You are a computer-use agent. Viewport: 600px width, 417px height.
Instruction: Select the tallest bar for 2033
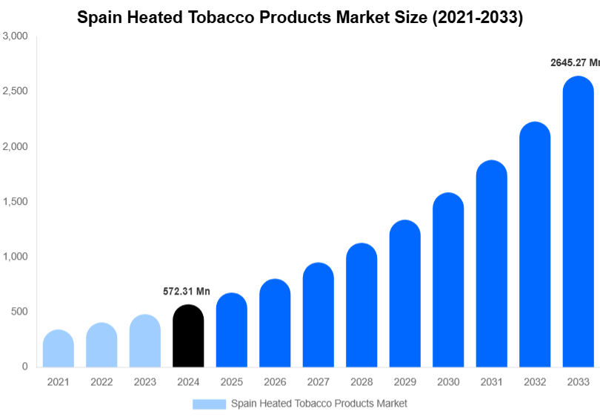click(578, 223)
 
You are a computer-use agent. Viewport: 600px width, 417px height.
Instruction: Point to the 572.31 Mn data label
click(187, 292)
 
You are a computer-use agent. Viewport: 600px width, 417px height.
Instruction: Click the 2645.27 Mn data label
click(574, 63)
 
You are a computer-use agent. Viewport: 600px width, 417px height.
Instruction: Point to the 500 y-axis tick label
click(19, 312)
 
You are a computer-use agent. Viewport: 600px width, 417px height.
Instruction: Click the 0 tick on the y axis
click(24, 367)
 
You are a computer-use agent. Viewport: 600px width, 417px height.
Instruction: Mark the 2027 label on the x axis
click(318, 382)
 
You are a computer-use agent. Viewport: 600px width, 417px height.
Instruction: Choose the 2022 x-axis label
click(101, 382)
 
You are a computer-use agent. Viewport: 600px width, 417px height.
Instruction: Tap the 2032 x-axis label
click(534, 382)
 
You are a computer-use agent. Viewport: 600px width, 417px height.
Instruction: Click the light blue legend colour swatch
click(209, 404)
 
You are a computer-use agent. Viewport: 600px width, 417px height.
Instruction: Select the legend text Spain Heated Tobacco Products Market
click(319, 404)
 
